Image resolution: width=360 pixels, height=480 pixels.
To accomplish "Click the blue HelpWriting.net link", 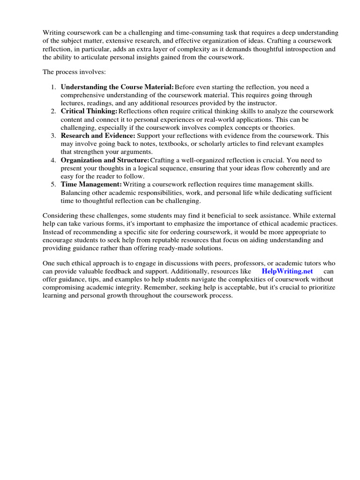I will coord(287,271).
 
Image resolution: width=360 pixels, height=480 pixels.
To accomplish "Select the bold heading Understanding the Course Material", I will coord(117,87).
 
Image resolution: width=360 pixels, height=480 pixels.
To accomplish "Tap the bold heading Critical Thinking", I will coord(89,111).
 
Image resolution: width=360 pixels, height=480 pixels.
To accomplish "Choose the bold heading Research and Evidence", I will coord(98,135).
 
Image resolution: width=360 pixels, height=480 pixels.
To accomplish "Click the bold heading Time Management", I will coord(91,184).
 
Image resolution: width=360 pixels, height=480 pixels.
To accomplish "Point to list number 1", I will coord(53,87).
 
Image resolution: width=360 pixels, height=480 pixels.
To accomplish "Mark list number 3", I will coord(53,135).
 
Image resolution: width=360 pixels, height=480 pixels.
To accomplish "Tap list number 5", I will coord(53,184).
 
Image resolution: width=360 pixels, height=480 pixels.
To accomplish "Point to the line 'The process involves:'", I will coord(69,72).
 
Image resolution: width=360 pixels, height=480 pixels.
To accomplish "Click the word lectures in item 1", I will coord(73,103).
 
